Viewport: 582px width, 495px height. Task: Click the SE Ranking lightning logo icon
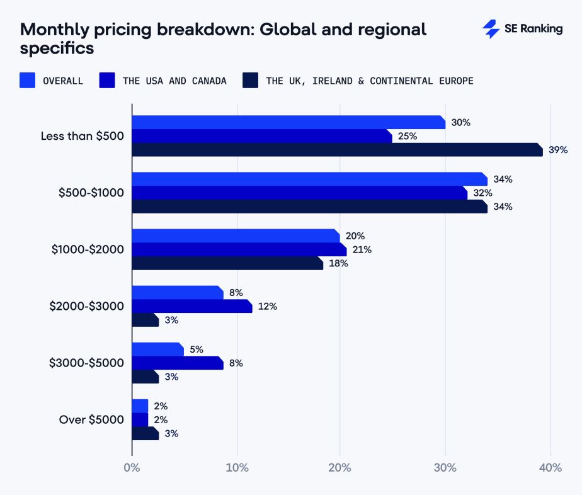pos(491,29)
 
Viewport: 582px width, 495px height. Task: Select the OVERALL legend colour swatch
pos(28,80)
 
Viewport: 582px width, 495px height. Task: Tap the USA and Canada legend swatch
pos(107,80)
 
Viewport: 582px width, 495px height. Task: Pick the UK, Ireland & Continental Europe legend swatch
pos(250,80)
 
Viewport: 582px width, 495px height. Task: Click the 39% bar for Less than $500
pos(338,149)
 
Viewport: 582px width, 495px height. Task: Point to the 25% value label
pos(408,136)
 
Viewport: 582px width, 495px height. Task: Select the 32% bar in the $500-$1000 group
pos(300,193)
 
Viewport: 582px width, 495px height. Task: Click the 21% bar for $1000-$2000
pos(239,249)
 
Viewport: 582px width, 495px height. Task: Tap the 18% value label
pos(338,263)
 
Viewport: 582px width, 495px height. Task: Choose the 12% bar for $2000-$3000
pos(192,306)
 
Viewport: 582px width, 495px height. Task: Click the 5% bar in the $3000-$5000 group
pos(158,349)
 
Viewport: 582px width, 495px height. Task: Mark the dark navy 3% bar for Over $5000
pos(145,433)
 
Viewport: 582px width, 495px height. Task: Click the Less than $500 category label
pos(83,136)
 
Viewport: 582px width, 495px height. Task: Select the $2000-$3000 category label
pos(86,306)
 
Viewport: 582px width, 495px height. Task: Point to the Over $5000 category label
pos(91,419)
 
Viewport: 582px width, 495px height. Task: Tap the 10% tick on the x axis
pos(237,467)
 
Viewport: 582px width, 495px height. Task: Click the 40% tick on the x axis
pos(551,467)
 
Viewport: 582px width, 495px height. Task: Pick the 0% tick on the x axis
pos(132,467)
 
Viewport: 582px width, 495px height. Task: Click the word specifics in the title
pos(57,48)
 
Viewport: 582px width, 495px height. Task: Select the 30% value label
pos(460,122)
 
